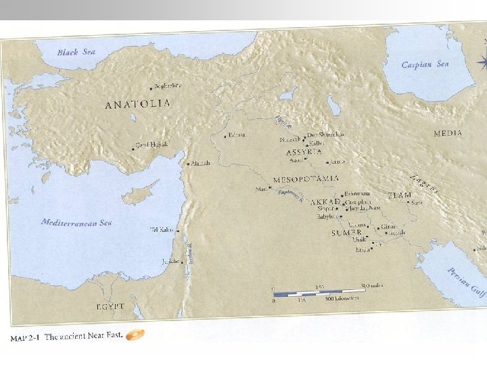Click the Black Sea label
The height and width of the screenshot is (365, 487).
tap(76, 52)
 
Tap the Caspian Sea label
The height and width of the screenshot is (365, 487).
tap(425, 65)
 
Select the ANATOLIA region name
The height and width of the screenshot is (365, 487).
tap(137, 104)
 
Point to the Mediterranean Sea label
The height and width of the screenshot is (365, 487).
tap(76, 222)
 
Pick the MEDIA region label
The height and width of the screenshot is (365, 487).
tap(448, 133)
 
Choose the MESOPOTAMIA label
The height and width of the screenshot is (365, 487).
tap(305, 179)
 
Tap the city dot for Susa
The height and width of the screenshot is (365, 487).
tap(407, 202)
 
